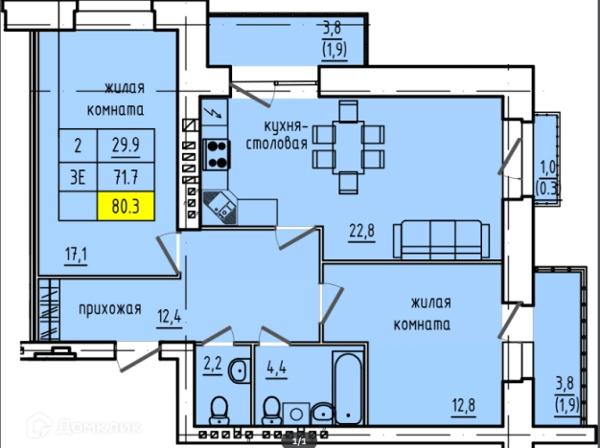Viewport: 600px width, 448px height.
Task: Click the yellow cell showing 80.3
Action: click(126, 206)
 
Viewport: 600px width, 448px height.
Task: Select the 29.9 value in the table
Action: click(126, 146)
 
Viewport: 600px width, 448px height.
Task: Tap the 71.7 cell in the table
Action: click(126, 177)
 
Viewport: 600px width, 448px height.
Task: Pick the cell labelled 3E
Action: click(78, 177)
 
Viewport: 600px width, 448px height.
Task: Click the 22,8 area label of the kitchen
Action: click(361, 231)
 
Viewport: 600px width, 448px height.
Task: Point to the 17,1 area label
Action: click(76, 255)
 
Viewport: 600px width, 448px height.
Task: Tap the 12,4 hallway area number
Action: click(170, 317)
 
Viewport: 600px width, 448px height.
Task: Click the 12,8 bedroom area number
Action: click(464, 406)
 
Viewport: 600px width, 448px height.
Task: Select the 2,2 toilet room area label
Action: click(213, 364)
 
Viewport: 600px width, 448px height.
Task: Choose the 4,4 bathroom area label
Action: click(277, 369)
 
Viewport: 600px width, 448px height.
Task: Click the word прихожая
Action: click(110, 309)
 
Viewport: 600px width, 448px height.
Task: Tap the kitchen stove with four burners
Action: click(217, 155)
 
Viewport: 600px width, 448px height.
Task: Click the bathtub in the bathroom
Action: click(348, 388)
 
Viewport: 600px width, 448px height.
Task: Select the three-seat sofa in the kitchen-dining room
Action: click(441, 239)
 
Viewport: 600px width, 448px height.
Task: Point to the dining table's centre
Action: click(348, 147)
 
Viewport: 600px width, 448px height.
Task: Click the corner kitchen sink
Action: click(220, 208)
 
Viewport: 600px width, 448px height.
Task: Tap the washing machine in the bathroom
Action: click(296, 414)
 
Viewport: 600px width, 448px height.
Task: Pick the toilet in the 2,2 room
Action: click(219, 411)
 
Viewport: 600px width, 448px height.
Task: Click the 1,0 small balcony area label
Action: click(548, 178)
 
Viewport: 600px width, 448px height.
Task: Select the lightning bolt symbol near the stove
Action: click(215, 112)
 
